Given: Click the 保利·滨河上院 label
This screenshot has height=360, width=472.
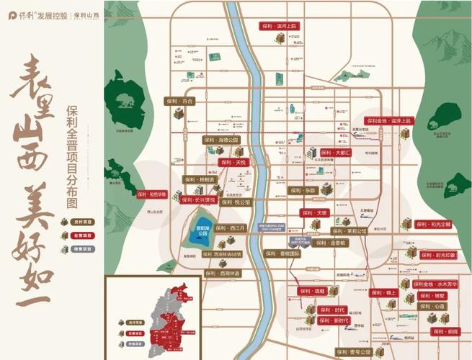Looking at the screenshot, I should pyautogui.click(x=278, y=25).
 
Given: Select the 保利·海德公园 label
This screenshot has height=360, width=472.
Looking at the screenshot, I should pyautogui.click(x=221, y=140).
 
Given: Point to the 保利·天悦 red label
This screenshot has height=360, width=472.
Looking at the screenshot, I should pyautogui.click(x=234, y=163).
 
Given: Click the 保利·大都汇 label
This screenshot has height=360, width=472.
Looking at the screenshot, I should pyautogui.click(x=335, y=153).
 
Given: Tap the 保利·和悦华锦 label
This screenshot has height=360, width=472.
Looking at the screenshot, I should pyautogui.click(x=151, y=194).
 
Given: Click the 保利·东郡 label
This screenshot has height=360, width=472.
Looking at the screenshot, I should pyautogui.click(x=303, y=191).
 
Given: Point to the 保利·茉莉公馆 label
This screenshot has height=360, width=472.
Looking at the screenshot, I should pyautogui.click(x=349, y=231).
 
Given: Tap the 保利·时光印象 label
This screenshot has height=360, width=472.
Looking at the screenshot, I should pyautogui.click(x=437, y=255).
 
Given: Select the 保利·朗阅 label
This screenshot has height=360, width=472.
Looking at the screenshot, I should pyautogui.click(x=445, y=331).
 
